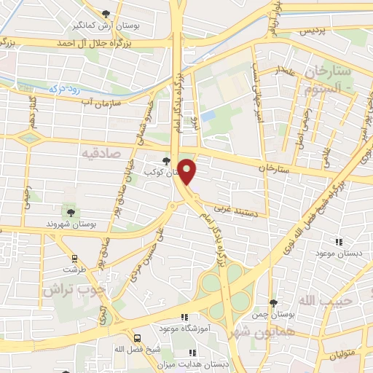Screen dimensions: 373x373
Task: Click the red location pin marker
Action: [x=187, y=171]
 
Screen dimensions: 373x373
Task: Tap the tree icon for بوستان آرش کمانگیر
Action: [x=107, y=14]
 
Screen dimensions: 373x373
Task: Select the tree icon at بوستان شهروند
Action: [x=71, y=212]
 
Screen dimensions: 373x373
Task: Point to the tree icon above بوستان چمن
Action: [x=273, y=303]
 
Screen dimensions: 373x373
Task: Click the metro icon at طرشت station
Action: [x=74, y=258]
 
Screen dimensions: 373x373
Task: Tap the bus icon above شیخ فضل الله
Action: [x=138, y=337]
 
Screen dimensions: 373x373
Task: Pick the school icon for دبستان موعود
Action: [x=338, y=242]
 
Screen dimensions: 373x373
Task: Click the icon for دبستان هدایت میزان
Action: [x=192, y=352]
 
